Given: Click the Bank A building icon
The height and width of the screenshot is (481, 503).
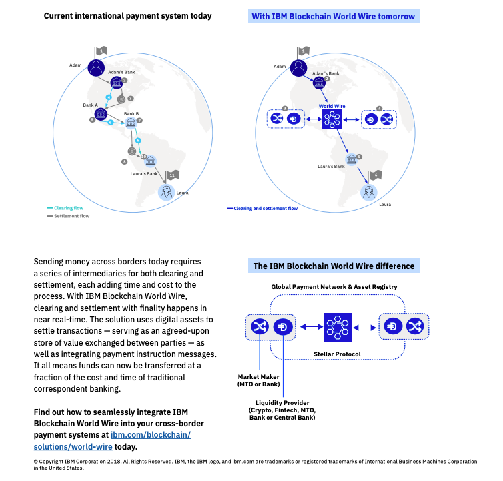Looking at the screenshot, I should click(x=101, y=115).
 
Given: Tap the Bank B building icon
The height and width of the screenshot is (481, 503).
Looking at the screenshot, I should click(x=131, y=124).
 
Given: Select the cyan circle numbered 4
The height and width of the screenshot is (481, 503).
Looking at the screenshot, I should click(x=109, y=97).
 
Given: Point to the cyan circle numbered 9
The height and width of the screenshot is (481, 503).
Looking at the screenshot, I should click(x=138, y=141).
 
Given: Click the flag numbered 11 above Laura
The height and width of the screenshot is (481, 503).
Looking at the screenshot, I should click(x=172, y=175).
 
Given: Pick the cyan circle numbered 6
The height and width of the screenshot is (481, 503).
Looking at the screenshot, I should click(x=111, y=123).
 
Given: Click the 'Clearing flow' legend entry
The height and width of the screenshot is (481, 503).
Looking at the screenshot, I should click(x=67, y=207).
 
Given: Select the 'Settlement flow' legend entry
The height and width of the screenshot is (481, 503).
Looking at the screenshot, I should click(x=70, y=216).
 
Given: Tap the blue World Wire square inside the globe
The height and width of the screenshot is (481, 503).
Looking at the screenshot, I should click(x=332, y=120).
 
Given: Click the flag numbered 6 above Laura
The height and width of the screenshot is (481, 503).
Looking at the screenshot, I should click(x=376, y=175).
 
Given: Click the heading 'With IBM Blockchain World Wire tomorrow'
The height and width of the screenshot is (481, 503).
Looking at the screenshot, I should click(x=332, y=17).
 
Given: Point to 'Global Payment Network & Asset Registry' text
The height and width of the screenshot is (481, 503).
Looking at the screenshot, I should click(x=334, y=286).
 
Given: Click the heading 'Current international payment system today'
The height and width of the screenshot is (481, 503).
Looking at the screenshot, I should click(x=127, y=16).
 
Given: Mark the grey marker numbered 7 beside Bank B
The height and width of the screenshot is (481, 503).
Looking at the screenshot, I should click(x=139, y=121).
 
